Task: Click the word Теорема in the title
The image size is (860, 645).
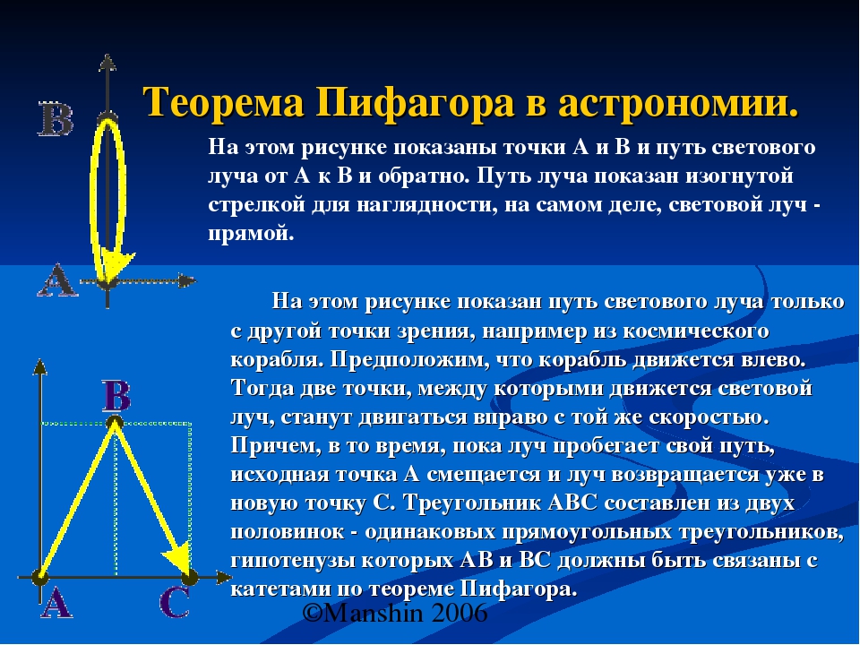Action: (x=224, y=102)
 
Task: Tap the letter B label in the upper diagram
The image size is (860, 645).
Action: (x=56, y=118)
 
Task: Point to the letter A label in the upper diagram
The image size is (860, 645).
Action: (x=57, y=280)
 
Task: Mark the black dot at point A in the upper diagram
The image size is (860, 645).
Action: (x=107, y=283)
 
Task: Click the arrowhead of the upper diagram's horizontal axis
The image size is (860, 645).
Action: (x=187, y=280)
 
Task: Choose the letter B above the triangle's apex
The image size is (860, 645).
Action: (x=116, y=396)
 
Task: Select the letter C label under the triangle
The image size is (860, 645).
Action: (x=175, y=602)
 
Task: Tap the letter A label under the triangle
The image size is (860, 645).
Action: (x=56, y=603)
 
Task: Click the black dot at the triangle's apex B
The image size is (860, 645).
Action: (x=114, y=423)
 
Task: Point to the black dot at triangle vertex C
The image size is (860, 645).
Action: (x=190, y=577)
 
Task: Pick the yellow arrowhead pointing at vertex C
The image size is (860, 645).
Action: (x=177, y=558)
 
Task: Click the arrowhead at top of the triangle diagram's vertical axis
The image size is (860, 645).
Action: (x=40, y=366)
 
